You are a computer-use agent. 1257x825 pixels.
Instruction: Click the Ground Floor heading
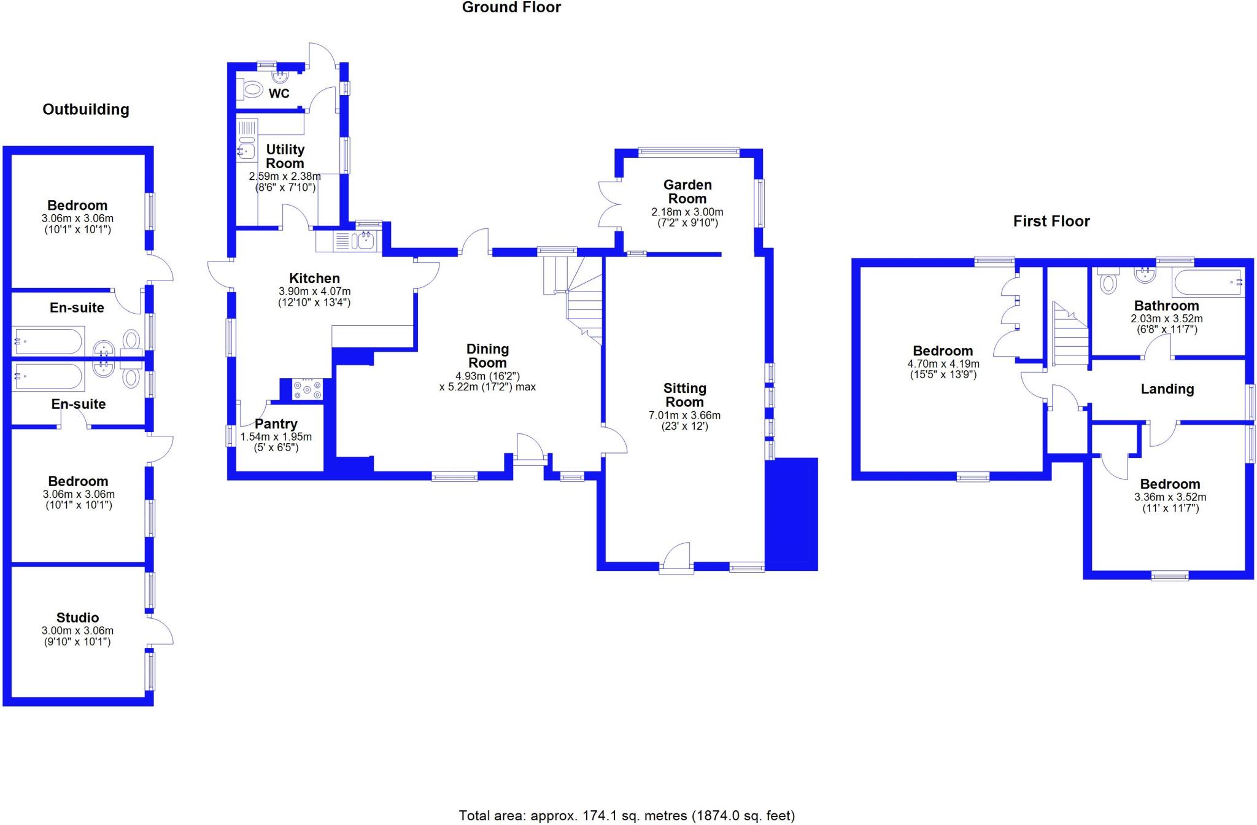click(511, 8)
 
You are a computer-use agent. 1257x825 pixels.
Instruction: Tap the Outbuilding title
click(86, 110)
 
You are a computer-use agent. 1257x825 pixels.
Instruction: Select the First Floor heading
click(1051, 222)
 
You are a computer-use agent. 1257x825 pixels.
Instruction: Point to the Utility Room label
click(285, 157)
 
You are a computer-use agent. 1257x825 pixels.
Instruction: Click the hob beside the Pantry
click(307, 390)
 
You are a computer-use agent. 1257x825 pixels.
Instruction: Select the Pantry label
click(276, 424)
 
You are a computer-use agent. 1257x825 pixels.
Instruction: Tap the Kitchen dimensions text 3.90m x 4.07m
click(315, 292)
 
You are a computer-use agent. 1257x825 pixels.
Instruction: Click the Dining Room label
click(487, 356)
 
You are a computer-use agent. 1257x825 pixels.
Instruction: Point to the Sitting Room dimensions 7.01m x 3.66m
click(684, 416)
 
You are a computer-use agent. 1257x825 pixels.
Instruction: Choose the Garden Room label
click(687, 192)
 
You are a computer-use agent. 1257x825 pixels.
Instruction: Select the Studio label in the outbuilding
click(77, 618)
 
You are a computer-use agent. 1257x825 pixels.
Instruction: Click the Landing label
click(1167, 389)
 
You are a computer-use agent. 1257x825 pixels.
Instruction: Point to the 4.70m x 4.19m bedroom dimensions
click(943, 364)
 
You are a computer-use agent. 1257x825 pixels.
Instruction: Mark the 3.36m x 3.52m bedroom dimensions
click(1170, 497)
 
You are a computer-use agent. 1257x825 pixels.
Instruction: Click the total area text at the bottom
click(627, 816)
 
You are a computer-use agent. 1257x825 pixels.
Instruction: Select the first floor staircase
click(1070, 336)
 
